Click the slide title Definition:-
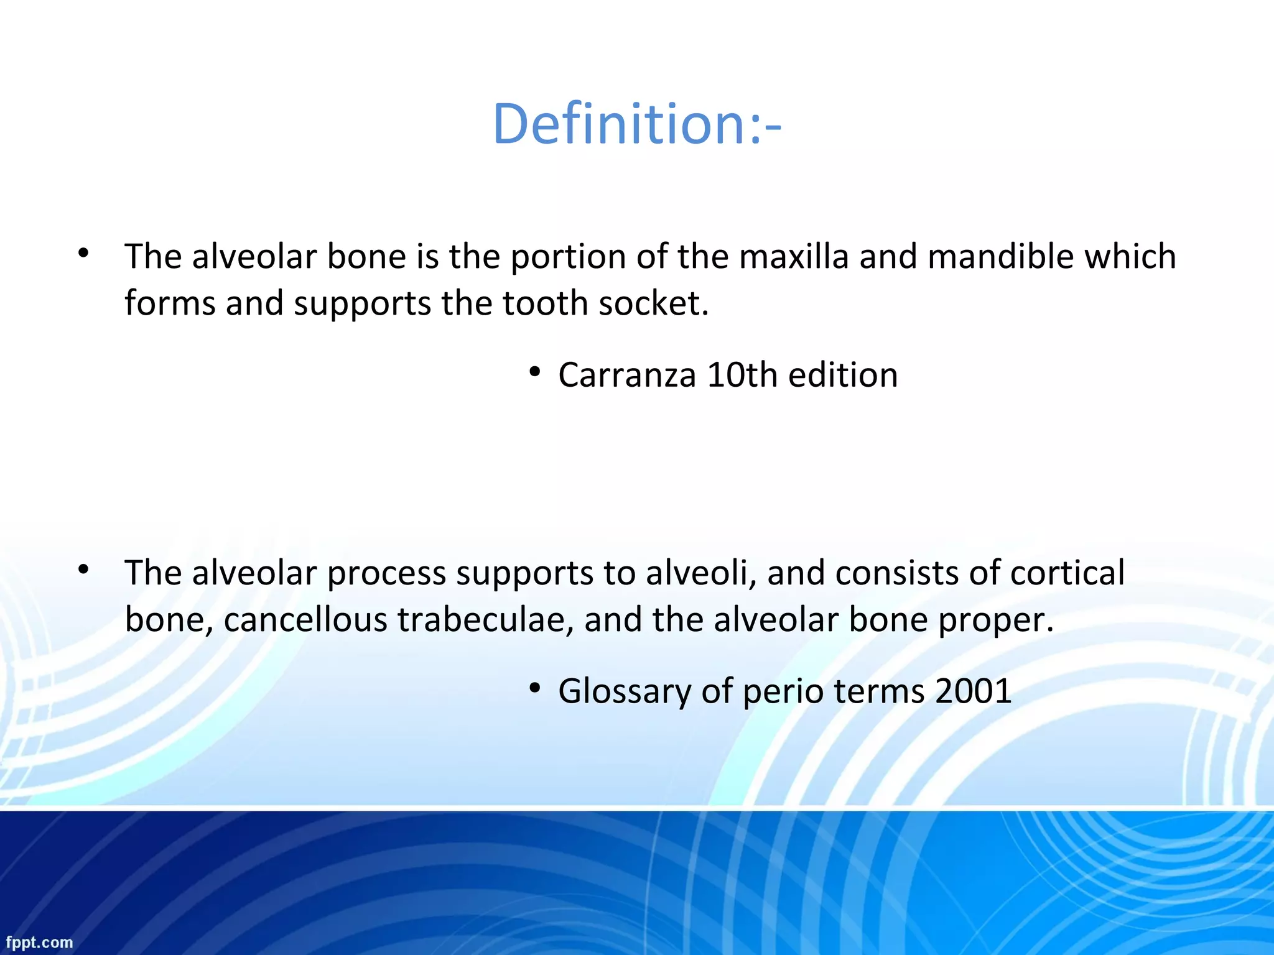pyautogui.click(x=636, y=124)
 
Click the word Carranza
pyautogui.click(x=626, y=375)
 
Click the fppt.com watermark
pyautogui.click(x=40, y=943)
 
